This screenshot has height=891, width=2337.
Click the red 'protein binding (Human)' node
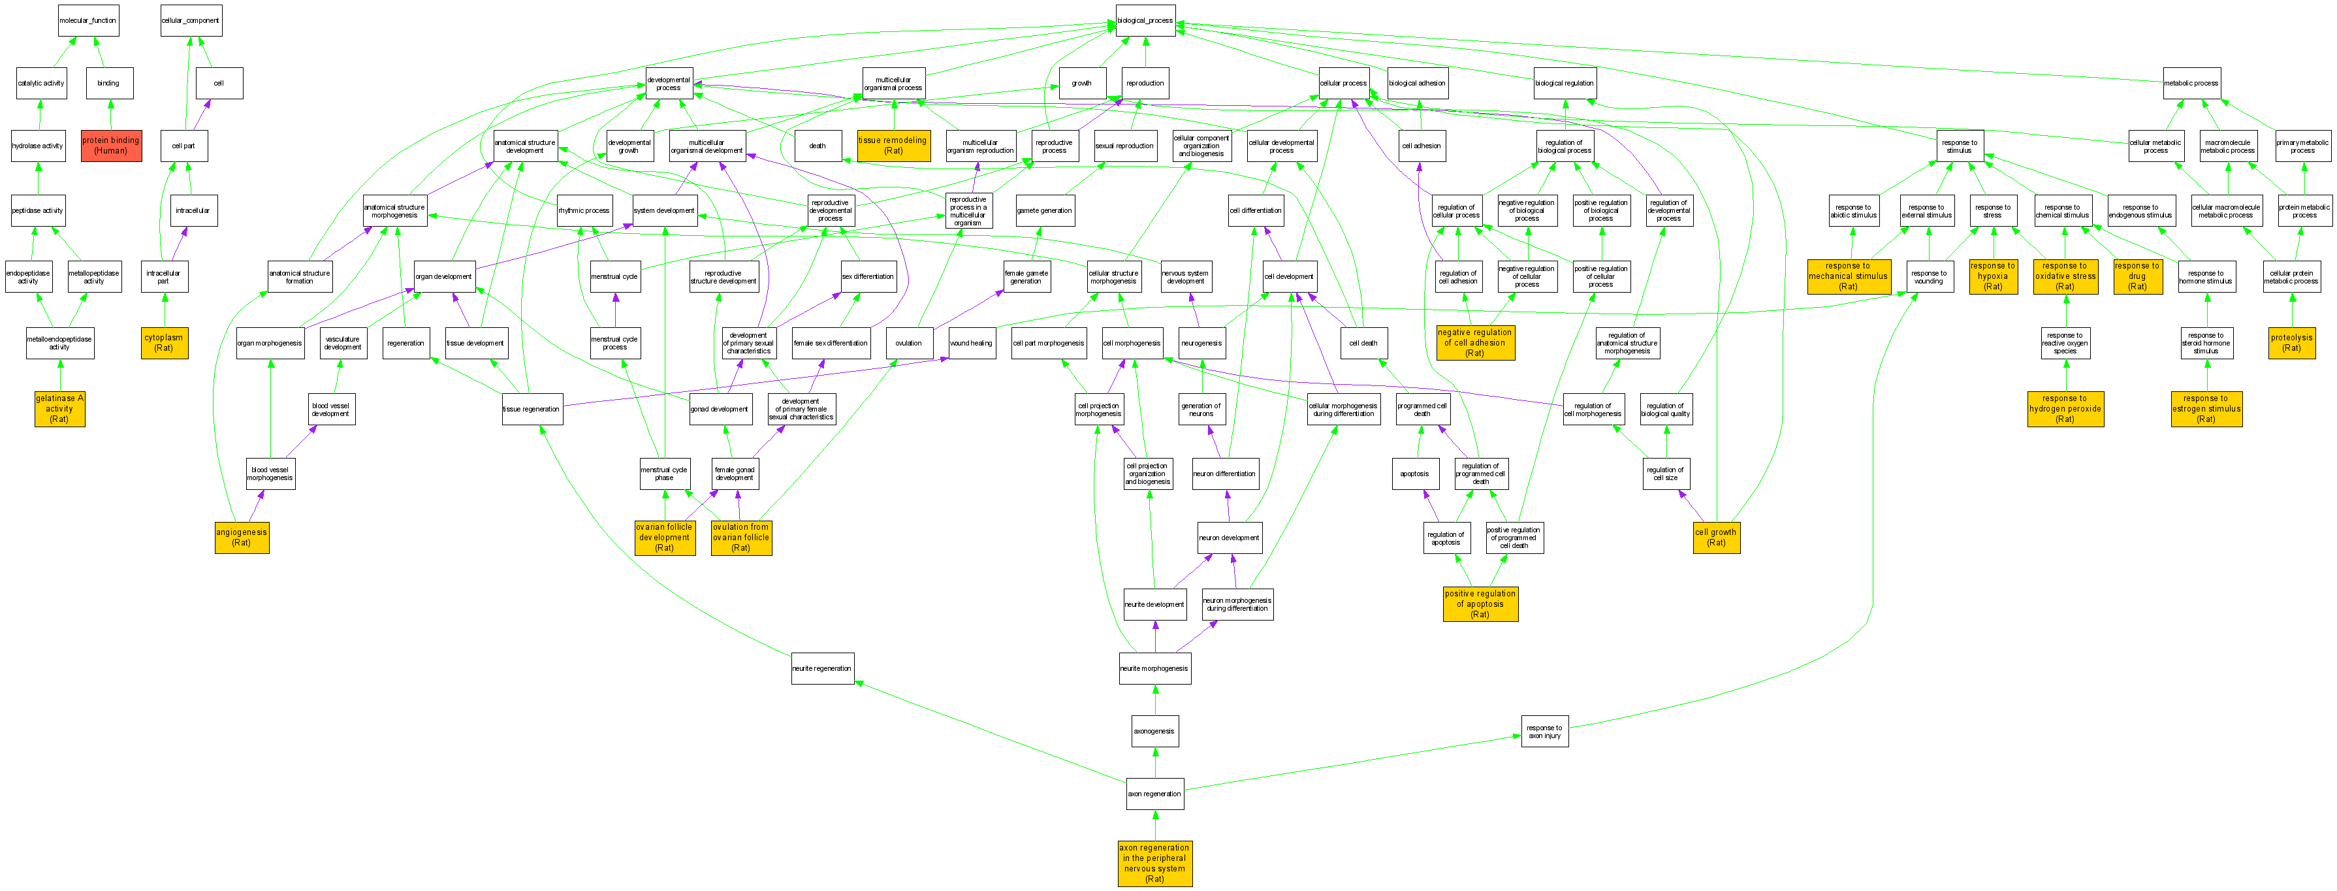coord(111,145)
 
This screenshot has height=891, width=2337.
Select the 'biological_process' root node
coord(1145,20)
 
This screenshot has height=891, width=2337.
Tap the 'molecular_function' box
coord(88,20)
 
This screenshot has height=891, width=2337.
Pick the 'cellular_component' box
coord(191,20)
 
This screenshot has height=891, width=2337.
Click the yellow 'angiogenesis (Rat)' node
coord(242,537)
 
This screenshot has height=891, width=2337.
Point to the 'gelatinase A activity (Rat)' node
coord(60,408)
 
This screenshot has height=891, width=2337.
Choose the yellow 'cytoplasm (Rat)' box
coord(164,342)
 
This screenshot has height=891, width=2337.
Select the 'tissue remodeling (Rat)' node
coord(894,145)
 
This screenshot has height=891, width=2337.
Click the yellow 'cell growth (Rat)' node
coord(1715,537)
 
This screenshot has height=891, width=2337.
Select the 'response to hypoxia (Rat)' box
coord(1992,276)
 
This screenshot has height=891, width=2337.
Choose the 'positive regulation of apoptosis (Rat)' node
coord(1480,604)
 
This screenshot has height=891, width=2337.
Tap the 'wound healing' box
coord(971,343)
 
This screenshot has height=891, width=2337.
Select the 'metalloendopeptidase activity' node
coord(60,343)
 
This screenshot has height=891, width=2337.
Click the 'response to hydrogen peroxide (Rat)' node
coord(2065,408)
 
